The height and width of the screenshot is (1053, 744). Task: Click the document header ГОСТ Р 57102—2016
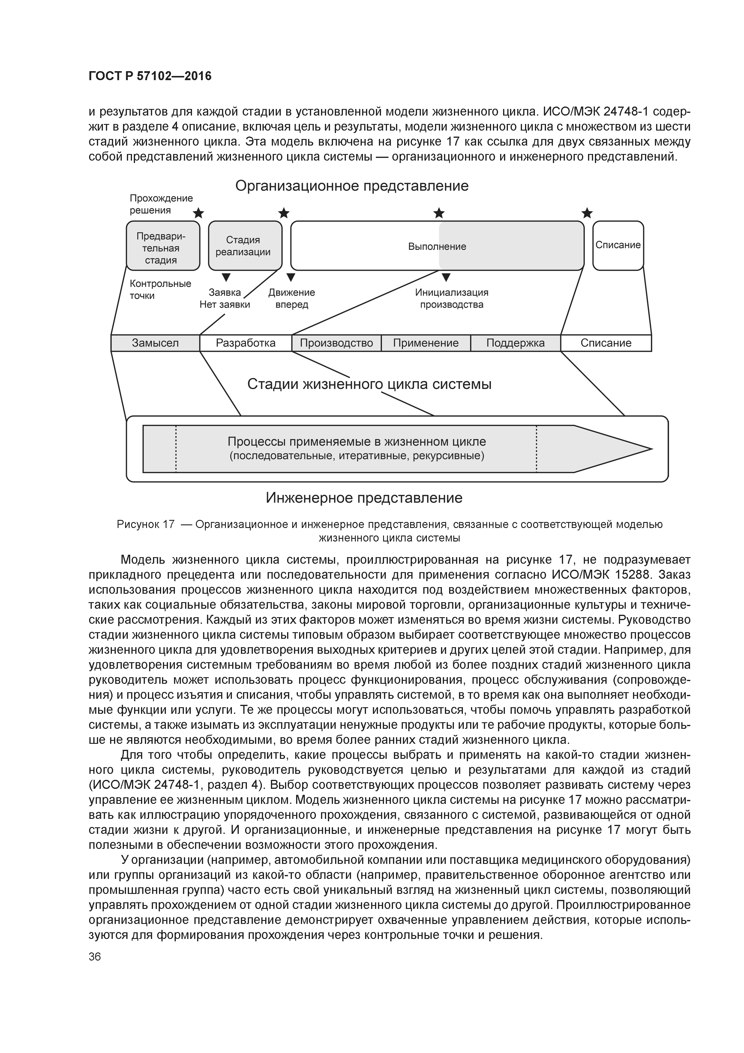click(150, 76)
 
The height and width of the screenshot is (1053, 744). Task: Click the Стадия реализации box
click(245, 246)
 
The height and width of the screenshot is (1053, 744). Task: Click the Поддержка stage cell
click(515, 343)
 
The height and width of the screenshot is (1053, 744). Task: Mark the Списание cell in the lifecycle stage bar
click(606, 343)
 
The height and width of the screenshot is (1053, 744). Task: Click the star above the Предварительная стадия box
click(198, 213)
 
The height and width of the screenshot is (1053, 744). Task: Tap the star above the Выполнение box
click(439, 213)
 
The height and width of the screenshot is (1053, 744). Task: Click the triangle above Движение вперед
click(291, 277)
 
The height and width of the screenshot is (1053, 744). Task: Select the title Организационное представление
click(352, 186)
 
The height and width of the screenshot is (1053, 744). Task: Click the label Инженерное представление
click(364, 498)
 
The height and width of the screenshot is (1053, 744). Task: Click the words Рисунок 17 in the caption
click(146, 524)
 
